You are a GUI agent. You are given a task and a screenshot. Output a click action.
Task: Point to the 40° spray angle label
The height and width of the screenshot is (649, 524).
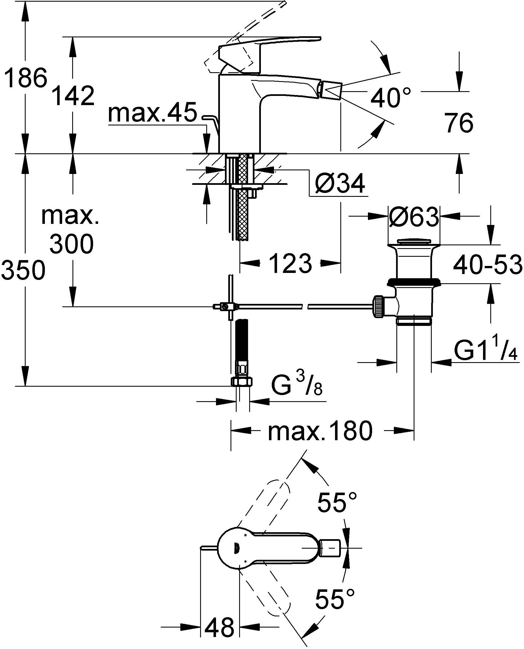pos(390,98)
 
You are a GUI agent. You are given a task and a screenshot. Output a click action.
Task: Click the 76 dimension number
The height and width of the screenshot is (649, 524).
pos(459,123)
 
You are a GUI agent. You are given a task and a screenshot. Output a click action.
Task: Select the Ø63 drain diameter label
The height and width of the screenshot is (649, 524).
pos(413,217)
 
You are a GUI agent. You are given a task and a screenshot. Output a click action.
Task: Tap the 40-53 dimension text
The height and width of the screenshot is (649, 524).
pos(487,265)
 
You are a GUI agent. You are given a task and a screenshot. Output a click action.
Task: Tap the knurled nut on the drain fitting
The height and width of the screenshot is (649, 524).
pos(379,307)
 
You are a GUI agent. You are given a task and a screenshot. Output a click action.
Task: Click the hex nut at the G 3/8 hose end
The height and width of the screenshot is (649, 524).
pos(241,382)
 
